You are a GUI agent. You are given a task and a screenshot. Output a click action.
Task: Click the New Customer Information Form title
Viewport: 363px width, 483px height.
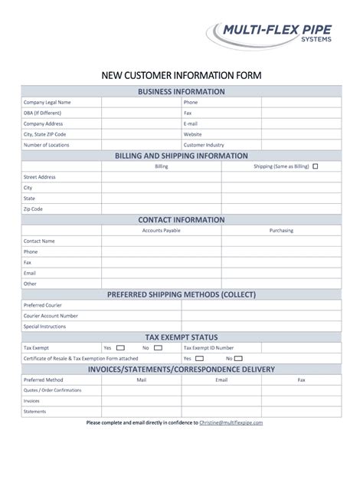[x=181, y=76]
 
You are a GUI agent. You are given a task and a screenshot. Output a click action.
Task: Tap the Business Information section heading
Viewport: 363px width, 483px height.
[x=181, y=91]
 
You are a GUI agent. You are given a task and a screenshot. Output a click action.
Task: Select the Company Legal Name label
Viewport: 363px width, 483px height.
[x=47, y=102]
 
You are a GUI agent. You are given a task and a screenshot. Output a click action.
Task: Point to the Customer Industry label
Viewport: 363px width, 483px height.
[x=204, y=145]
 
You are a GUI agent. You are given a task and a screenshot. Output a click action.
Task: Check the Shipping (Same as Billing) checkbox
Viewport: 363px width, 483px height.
[x=316, y=166]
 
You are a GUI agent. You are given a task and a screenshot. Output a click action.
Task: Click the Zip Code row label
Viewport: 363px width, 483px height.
[x=33, y=209]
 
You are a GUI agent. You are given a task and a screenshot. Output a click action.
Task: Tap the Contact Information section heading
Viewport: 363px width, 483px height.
[x=181, y=219]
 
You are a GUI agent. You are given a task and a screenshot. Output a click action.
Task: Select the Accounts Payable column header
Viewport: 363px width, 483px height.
[x=162, y=230]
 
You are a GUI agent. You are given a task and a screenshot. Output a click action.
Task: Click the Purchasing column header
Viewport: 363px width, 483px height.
[x=281, y=230]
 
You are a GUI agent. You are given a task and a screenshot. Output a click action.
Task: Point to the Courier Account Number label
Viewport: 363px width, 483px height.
[x=51, y=315]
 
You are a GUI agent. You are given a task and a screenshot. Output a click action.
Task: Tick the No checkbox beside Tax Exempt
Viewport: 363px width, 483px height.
[x=159, y=347]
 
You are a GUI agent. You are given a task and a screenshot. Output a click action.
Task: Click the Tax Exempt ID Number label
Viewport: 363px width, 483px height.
[x=210, y=347]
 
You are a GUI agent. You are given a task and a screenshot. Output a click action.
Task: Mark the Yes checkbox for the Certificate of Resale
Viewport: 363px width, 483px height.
[x=199, y=358]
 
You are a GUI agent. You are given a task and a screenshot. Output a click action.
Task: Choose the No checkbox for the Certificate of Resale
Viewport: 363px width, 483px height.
[x=239, y=358]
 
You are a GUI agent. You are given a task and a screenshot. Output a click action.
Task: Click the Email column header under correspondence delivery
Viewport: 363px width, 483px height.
[x=221, y=379]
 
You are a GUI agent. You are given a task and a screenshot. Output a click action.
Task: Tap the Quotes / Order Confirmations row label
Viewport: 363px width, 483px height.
[x=53, y=389]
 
